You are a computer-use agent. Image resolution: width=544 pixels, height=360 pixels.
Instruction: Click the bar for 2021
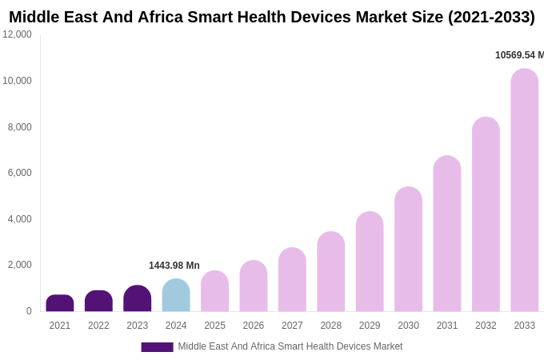coord(60,303)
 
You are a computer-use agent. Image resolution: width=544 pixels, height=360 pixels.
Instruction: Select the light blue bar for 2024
coord(176,295)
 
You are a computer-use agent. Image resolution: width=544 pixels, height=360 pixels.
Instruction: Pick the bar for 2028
coord(331,272)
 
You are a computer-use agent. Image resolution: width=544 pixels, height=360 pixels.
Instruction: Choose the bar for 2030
coord(408,250)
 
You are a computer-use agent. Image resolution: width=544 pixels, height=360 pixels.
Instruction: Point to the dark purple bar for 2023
coord(138,298)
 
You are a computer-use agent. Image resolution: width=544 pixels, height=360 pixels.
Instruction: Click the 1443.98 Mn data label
coord(174,266)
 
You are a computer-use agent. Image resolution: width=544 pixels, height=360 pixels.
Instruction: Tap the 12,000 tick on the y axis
coord(18,34)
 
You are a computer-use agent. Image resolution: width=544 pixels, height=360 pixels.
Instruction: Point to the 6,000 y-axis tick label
coord(20,173)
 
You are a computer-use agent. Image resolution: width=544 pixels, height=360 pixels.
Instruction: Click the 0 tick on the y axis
coord(29,311)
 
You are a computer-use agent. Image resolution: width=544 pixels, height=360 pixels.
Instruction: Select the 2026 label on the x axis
coord(254,326)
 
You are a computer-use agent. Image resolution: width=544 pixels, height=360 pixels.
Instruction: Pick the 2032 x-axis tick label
coord(486,326)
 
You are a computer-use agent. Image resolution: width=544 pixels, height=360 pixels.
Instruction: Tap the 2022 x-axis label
coord(98,326)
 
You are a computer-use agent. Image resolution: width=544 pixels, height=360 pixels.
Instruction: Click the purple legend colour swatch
coord(157,347)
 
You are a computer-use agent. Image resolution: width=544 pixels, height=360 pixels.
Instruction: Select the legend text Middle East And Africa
coord(290,346)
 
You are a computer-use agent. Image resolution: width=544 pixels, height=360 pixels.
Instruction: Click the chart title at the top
coord(272,17)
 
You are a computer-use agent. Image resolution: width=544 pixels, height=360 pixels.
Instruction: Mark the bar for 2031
coord(447,234)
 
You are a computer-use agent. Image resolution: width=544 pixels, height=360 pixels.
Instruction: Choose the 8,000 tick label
coord(20,127)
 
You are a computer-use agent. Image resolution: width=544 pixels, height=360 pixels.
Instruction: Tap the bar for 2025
coord(214,291)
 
